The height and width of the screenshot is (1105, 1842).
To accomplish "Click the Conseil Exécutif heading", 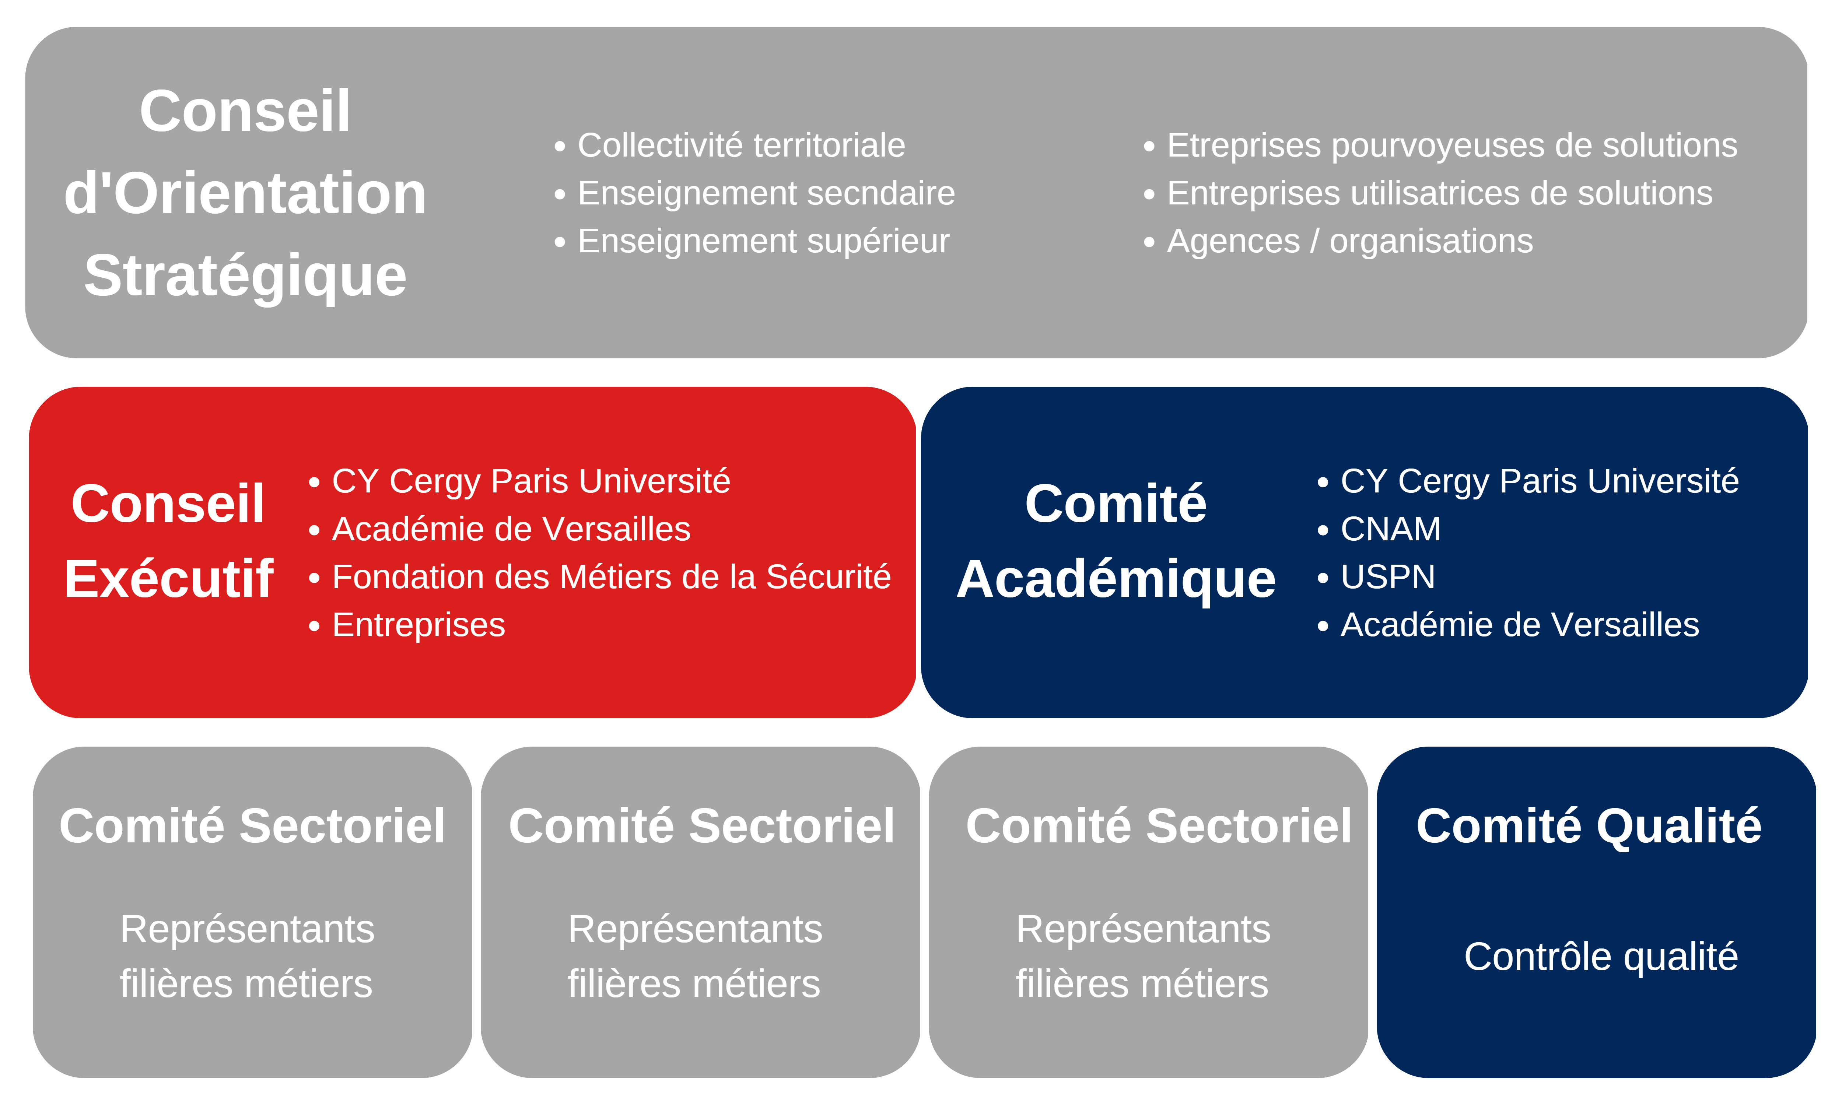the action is (169, 541).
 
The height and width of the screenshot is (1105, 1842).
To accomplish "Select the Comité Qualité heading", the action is (1589, 827).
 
